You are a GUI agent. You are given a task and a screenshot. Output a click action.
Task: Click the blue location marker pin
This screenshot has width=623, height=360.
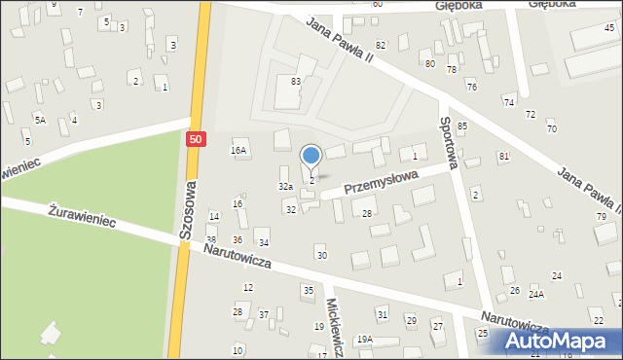coord(311,157)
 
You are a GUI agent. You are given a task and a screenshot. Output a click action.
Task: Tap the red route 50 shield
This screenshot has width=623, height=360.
coord(197,140)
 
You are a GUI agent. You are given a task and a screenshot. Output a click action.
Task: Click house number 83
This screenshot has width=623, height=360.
coord(296,82)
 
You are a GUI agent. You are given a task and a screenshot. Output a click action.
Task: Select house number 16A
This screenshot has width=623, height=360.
coord(238,151)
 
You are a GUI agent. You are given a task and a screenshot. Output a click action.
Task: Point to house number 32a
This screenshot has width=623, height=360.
coord(285,186)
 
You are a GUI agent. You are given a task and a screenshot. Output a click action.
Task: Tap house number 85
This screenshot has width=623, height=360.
coord(462,126)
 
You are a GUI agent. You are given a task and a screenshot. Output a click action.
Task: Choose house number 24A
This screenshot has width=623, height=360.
coord(536,293)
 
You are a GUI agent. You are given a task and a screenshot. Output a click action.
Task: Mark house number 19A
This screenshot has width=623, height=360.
coord(364,339)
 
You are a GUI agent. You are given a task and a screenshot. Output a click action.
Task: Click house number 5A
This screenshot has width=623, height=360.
coord(40,120)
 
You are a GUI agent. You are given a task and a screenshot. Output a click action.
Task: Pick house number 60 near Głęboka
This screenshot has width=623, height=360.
coord(377,5)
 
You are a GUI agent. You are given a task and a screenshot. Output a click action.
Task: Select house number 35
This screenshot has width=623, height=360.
coord(308,290)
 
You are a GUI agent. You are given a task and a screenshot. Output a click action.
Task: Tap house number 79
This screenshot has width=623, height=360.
coord(601,216)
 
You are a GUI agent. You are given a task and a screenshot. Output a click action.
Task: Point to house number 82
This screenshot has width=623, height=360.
coord(381,46)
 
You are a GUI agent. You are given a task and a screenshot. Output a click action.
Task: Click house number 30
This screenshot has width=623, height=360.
coord(321,255)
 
